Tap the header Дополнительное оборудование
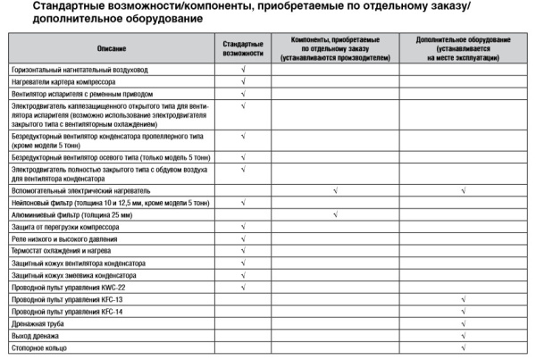[x=463, y=47]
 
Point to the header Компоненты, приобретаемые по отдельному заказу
[x=334, y=47]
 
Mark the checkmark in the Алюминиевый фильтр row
[x=334, y=214]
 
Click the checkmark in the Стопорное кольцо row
[x=463, y=347]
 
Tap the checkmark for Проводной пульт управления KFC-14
[x=463, y=311]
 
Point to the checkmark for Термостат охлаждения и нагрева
[x=242, y=251]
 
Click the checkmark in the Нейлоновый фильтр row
[x=242, y=203]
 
